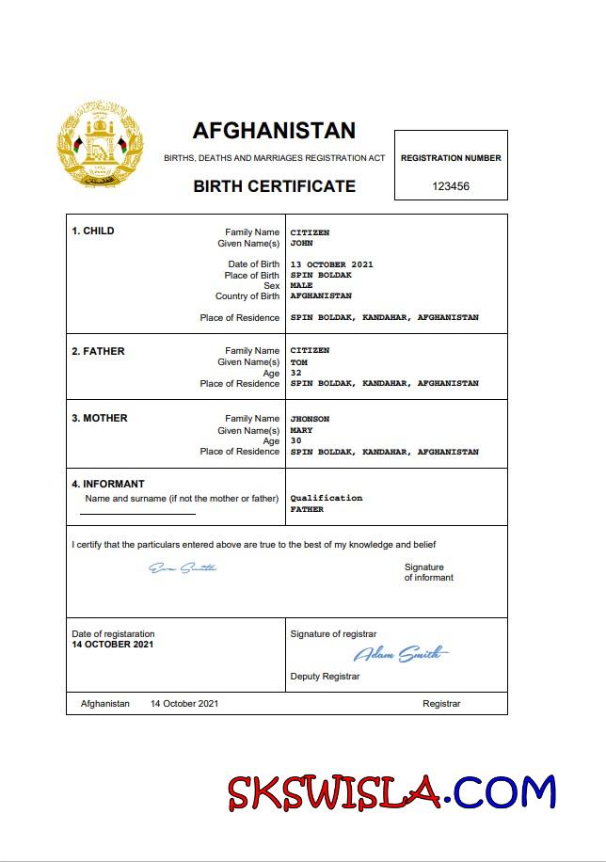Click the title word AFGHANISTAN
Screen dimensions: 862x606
pos(274,131)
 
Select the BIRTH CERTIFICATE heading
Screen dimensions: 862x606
pos(274,186)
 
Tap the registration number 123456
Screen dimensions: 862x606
pos(451,186)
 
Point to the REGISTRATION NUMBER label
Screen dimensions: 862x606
pos(451,158)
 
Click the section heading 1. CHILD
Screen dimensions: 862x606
pos(93,231)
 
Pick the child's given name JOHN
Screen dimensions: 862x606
pos(301,243)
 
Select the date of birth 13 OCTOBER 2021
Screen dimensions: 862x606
pos(331,264)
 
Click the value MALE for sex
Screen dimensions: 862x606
pos(301,285)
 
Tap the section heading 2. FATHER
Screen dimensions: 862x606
pos(98,351)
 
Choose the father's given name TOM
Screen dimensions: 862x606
pos(298,362)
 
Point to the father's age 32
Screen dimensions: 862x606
pos(295,373)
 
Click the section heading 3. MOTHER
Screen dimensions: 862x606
pos(100,419)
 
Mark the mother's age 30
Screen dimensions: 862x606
pos(295,440)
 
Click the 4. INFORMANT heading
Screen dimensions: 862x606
pos(108,485)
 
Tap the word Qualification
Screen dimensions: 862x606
pos(326,498)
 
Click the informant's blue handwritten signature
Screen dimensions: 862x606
pos(183,567)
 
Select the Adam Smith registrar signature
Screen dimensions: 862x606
pos(400,654)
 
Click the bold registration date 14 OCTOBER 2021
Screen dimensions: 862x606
pos(112,645)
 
